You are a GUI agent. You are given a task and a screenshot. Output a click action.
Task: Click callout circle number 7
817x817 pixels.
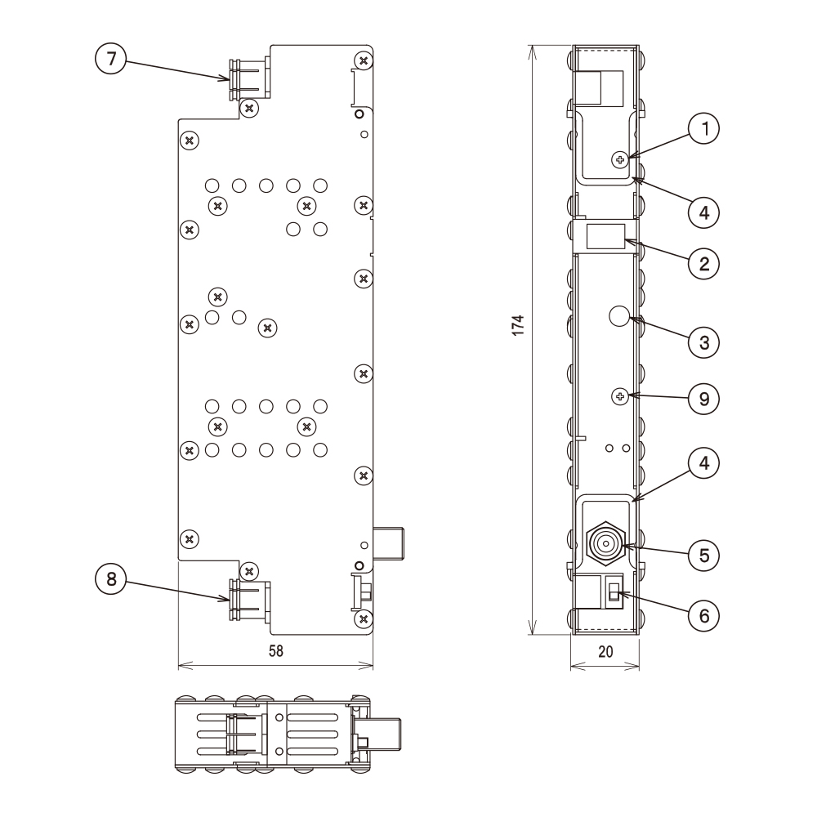(x=111, y=59)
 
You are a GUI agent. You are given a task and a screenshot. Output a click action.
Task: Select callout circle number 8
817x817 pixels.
(x=111, y=578)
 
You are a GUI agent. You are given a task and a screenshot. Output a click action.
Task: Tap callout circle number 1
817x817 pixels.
(x=703, y=128)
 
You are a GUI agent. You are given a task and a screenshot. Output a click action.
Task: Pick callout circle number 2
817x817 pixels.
(x=703, y=262)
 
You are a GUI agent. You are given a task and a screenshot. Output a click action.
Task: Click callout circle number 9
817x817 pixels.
(x=703, y=398)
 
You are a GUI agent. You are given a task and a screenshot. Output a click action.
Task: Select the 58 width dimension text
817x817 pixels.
(x=275, y=650)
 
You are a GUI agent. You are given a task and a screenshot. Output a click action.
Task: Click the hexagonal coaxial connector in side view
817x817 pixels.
(x=605, y=542)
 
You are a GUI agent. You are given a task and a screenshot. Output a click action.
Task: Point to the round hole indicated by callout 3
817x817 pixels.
(x=620, y=315)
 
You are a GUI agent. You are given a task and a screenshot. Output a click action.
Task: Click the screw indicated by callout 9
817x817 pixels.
(x=621, y=396)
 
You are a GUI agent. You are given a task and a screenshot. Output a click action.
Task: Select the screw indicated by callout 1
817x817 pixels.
(x=621, y=158)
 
